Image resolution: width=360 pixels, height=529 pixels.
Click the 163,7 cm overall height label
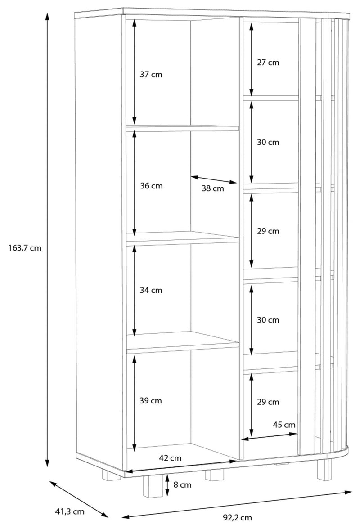[x=25, y=248]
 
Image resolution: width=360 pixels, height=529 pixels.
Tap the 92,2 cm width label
[x=237, y=517]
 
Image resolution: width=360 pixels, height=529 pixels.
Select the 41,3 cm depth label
[x=69, y=512]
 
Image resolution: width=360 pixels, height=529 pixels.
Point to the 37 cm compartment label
[x=151, y=75]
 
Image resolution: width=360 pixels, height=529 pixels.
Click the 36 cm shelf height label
[x=151, y=186]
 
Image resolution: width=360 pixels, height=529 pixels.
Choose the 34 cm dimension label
[x=151, y=290]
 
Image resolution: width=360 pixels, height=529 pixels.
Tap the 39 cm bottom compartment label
[x=151, y=401]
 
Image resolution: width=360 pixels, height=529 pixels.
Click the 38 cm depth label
[x=213, y=188]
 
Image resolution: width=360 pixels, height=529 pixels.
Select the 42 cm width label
[x=170, y=458]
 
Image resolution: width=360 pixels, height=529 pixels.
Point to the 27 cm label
[x=268, y=63]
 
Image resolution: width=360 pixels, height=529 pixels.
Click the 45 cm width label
[x=284, y=425]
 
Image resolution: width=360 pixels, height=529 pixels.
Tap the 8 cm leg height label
[x=182, y=485]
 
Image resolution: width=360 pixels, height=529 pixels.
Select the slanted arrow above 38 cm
[x=214, y=179]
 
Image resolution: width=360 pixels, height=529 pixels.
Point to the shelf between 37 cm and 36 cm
[x=182, y=128]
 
